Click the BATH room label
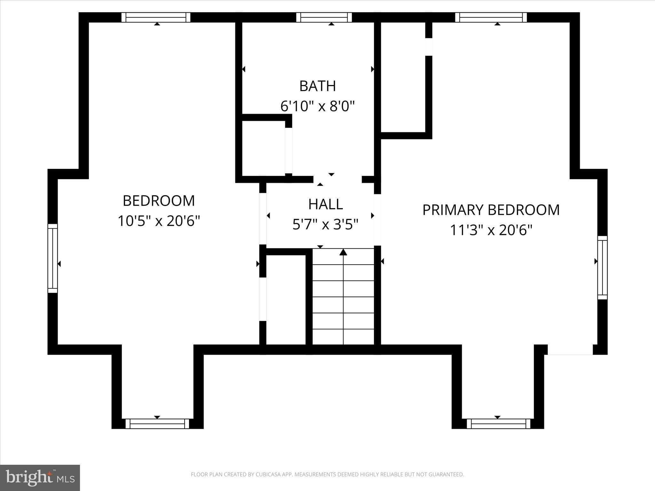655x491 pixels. [x=317, y=86]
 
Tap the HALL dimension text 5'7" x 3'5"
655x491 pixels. [x=325, y=224]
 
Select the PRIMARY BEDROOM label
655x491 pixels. [x=491, y=210]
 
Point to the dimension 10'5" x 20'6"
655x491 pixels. [x=159, y=221]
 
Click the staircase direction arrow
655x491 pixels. [x=343, y=253]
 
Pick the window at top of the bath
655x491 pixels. [x=324, y=17]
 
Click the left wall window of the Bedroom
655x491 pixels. [x=53, y=258]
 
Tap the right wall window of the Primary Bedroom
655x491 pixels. [x=602, y=268]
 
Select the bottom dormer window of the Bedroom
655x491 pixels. [x=157, y=424]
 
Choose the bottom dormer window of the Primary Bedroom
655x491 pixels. [x=498, y=424]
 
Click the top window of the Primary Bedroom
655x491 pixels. [x=491, y=17]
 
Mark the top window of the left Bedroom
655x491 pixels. [x=156, y=17]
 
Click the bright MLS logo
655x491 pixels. [x=40, y=478]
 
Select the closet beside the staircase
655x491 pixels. [x=286, y=300]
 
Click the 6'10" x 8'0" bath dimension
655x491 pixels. [x=318, y=106]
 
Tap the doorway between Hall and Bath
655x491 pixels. [x=337, y=179]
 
